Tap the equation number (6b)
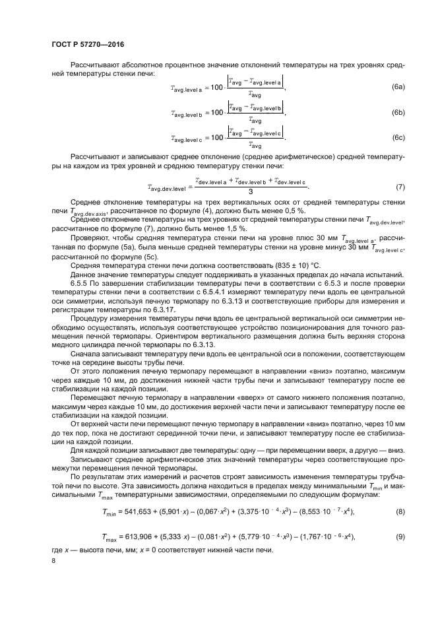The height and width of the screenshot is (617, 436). click(x=398, y=113)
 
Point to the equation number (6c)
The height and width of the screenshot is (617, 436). click(x=398, y=138)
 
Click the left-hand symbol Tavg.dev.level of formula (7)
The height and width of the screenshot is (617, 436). click(x=168, y=188)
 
